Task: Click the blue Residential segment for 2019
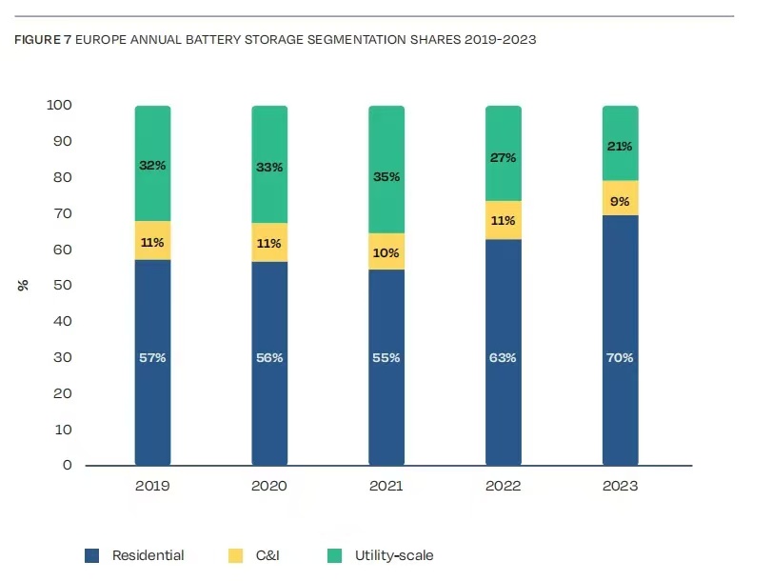(152, 400)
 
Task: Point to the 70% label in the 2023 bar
(621, 358)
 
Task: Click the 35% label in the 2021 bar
(386, 177)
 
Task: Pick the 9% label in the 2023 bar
(621, 201)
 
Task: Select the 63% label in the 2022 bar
(504, 358)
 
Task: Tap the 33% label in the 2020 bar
(269, 168)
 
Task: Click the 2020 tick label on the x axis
(269, 487)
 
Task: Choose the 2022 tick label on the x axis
(504, 487)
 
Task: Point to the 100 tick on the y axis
(59, 105)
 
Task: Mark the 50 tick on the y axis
(63, 286)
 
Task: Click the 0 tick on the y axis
(67, 466)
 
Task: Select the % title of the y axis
(23, 285)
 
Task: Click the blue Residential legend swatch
(92, 555)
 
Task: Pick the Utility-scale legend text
(394, 555)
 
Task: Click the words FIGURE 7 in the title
(43, 41)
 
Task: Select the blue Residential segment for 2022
(504, 400)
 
